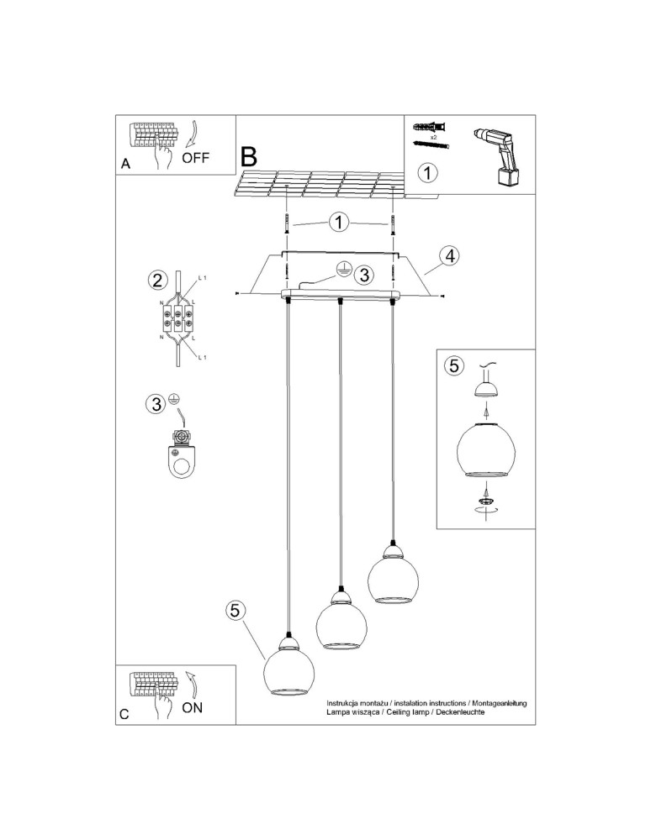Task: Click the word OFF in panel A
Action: [195, 157]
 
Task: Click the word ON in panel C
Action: [193, 706]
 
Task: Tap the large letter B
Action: [249, 156]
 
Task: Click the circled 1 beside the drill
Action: [428, 173]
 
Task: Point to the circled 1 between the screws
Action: [338, 223]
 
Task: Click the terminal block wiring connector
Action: [177, 319]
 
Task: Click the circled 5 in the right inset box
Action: [454, 365]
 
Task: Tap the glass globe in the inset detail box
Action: [484, 452]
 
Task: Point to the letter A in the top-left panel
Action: [125, 165]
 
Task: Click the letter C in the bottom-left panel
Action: [124, 715]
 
